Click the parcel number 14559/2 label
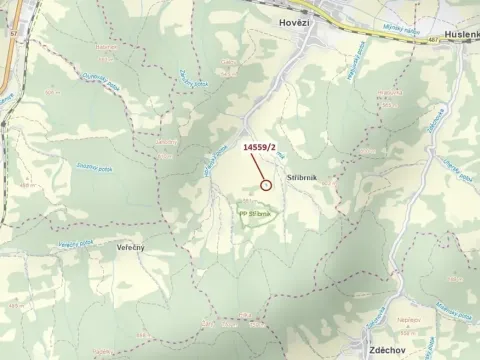pyautogui.click(x=260, y=147)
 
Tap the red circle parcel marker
pyautogui.click(x=266, y=184)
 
